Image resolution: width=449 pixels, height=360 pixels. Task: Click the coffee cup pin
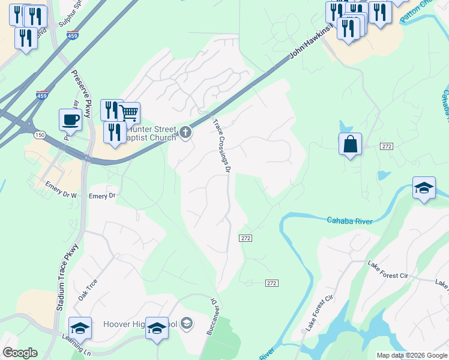(x=70, y=119)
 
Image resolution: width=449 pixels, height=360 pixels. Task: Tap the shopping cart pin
(x=128, y=112)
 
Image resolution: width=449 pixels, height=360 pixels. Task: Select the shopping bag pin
(x=350, y=145)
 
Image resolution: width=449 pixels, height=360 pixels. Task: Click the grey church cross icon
(x=185, y=132)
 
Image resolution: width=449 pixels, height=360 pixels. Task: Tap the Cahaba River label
(x=349, y=221)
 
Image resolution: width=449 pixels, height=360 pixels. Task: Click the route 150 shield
(x=40, y=135)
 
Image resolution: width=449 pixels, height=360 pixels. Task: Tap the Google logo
(x=20, y=353)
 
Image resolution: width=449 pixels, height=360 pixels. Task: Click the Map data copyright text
(x=412, y=355)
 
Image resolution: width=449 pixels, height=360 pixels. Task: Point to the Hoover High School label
(x=140, y=325)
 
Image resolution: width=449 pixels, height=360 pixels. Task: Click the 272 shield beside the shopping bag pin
(x=386, y=146)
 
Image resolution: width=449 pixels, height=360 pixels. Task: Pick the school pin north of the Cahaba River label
(x=424, y=188)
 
